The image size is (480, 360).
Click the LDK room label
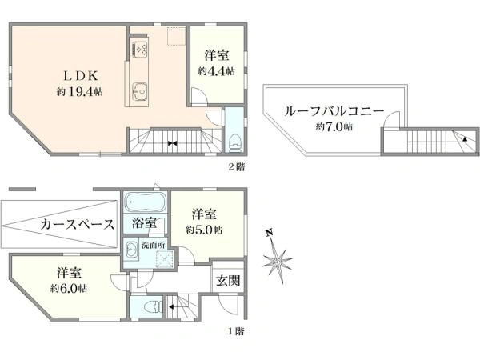80,75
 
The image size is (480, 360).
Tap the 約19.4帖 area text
79,91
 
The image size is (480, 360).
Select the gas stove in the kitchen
140,50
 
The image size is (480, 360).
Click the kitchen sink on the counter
140,92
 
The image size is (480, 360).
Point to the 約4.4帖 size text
217,71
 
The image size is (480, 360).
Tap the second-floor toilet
234,142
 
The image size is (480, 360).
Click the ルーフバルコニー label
334,111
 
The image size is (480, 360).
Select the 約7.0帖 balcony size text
334,126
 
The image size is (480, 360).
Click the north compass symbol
277,262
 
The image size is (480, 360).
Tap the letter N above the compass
269,234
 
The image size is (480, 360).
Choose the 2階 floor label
237,167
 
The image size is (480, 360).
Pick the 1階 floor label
236,331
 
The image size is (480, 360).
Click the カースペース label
77,224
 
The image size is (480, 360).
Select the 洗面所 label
153,245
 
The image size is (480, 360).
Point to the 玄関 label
228,281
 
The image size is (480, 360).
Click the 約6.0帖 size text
69,288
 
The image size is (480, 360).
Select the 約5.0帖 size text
204,230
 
